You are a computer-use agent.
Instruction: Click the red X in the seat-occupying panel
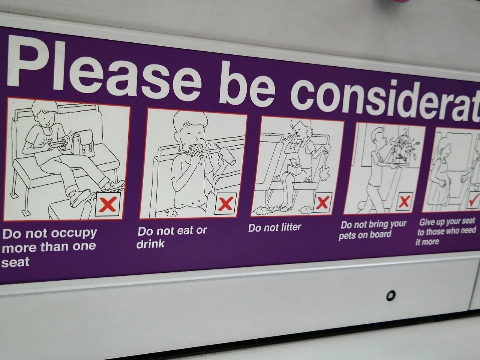click(x=107, y=205)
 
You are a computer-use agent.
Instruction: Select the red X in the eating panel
click(x=225, y=203)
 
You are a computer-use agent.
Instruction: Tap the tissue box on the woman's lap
click(x=294, y=167)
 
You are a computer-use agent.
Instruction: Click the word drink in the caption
click(x=150, y=243)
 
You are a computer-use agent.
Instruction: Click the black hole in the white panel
click(x=390, y=296)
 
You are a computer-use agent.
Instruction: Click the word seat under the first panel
click(x=15, y=262)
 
